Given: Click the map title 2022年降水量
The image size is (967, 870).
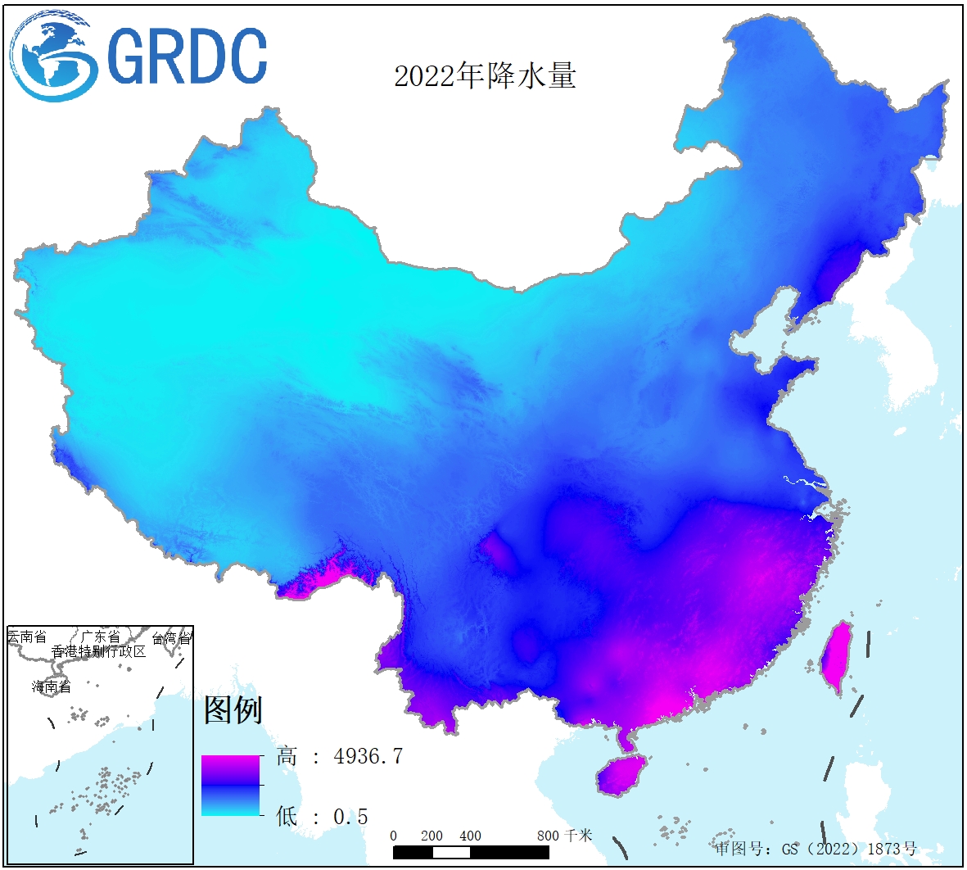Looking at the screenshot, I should pos(485,76).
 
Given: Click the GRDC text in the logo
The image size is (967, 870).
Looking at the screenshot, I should pos(187,57).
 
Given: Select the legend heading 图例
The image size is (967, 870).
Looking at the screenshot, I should pos(233,709).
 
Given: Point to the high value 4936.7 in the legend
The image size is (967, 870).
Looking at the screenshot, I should pos(368,756).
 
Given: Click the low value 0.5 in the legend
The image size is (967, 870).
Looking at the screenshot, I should pos(350,817).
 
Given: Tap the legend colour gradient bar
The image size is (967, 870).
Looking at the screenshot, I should pos(230,785).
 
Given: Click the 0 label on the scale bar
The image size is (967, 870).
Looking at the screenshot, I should pos(394,836).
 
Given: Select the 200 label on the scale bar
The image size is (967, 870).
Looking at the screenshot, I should pos(432,836).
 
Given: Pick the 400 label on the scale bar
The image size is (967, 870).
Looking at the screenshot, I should pos(470,836).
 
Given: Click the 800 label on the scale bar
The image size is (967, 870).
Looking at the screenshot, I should pos(548,836).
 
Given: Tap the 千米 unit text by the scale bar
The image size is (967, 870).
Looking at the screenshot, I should pos(578,836).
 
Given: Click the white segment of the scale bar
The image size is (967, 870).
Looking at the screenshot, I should pos(451,852).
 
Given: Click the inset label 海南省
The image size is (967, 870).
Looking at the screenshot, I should pos(52,686).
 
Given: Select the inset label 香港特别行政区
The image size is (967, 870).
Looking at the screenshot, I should pos(98,652).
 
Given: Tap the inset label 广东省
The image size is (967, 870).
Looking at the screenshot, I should pos(100,637).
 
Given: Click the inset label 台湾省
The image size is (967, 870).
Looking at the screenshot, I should pos(172,638).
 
